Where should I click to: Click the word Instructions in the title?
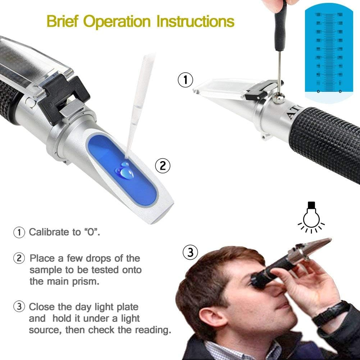pos(195,21)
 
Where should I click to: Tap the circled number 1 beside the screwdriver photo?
pos(186,80)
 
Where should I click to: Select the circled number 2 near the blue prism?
pos(163,165)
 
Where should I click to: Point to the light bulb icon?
pos(311,217)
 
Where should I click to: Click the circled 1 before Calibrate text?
pos(19,232)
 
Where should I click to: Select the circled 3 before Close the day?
pos(19,307)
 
